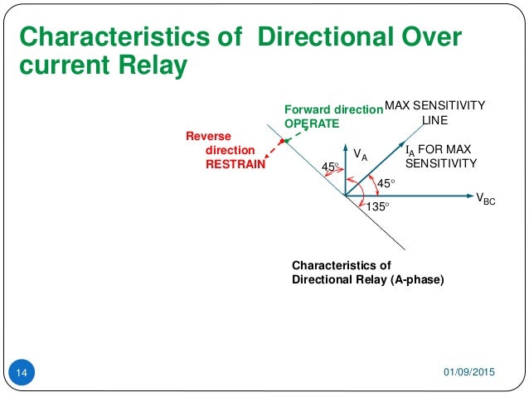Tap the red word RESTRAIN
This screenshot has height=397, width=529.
tap(235, 164)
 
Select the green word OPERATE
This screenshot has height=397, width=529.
tap(312, 123)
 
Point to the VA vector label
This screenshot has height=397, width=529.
tap(360, 154)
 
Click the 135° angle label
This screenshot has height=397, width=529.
tap(377, 207)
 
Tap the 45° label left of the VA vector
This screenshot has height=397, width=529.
tap(330, 168)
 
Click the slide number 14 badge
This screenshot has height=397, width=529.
tap(22, 374)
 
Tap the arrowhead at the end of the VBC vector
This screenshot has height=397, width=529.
tap(467, 196)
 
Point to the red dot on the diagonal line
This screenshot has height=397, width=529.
tap(282, 142)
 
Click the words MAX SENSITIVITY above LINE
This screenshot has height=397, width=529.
tap(438, 106)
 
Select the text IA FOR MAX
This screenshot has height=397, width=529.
tap(438, 150)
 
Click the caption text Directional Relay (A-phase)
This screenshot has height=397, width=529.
tap(367, 279)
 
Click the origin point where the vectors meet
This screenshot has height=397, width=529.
tap(343, 196)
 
